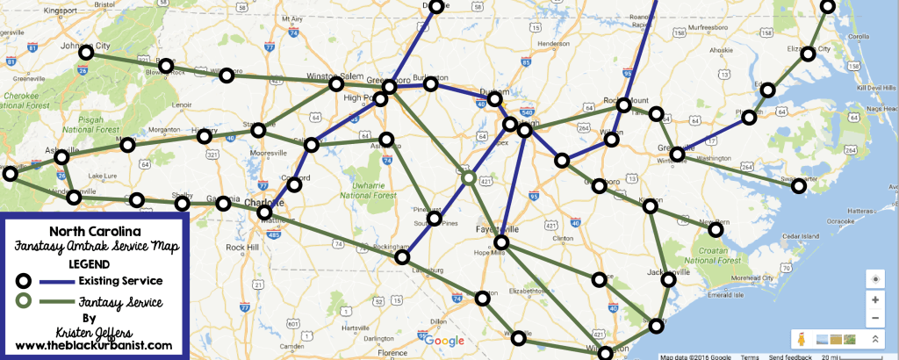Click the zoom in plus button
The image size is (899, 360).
874,299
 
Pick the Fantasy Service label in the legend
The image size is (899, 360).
120,302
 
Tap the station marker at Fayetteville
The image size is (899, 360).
501,242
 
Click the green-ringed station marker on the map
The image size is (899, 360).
469,178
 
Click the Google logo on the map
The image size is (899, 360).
447,341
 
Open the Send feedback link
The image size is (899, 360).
768,356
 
